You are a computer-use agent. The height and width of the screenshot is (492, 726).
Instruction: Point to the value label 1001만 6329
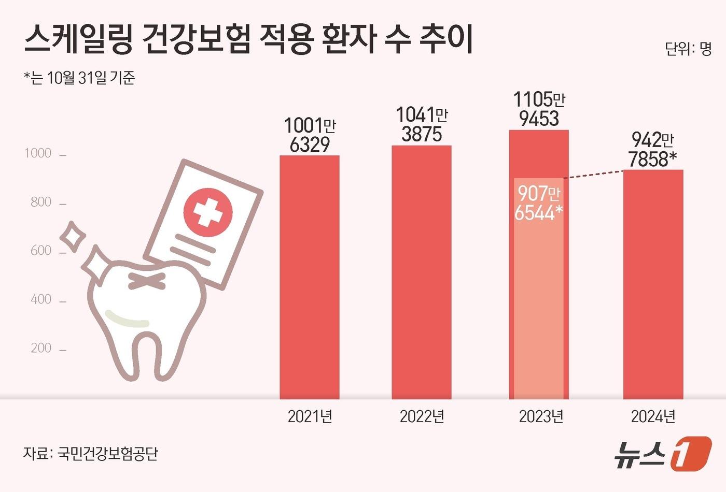click(x=310, y=135)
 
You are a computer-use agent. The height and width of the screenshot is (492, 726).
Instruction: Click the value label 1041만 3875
click(x=422, y=124)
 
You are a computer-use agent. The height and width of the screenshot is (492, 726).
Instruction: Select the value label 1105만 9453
click(x=539, y=109)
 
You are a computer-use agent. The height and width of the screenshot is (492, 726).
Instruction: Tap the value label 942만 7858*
click(x=652, y=150)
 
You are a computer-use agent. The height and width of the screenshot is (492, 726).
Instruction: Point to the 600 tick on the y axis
click(x=41, y=251)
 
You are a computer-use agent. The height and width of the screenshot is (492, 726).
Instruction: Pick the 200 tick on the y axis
click(x=41, y=348)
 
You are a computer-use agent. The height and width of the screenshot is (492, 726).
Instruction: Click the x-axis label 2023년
click(x=541, y=417)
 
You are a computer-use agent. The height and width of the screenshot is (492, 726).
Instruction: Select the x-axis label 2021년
click(x=310, y=417)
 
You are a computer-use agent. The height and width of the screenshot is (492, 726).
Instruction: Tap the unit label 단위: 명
click(x=688, y=49)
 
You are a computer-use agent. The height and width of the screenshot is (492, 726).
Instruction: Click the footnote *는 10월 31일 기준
click(x=79, y=78)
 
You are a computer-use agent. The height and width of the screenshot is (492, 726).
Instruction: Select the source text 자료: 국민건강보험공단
click(x=90, y=454)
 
